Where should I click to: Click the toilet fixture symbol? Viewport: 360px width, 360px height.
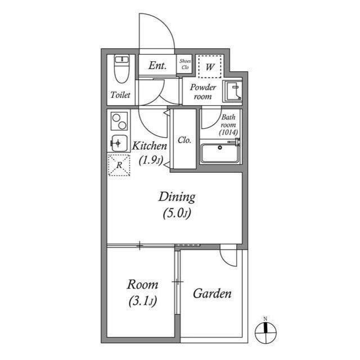point(121,69)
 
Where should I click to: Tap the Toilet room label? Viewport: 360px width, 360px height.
point(120,95)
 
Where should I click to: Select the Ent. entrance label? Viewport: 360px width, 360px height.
point(157,65)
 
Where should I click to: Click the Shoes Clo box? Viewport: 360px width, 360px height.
point(184,65)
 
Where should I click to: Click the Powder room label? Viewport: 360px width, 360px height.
point(202,92)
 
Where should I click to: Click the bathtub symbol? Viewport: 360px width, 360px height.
point(220,153)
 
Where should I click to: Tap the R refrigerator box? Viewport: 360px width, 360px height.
point(118,165)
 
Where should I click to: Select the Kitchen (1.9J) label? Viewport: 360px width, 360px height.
point(150,152)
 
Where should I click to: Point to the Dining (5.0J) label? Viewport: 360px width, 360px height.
point(176,204)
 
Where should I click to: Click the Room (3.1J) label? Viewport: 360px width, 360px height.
point(142,292)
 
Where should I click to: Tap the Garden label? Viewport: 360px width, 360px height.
point(212,294)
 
